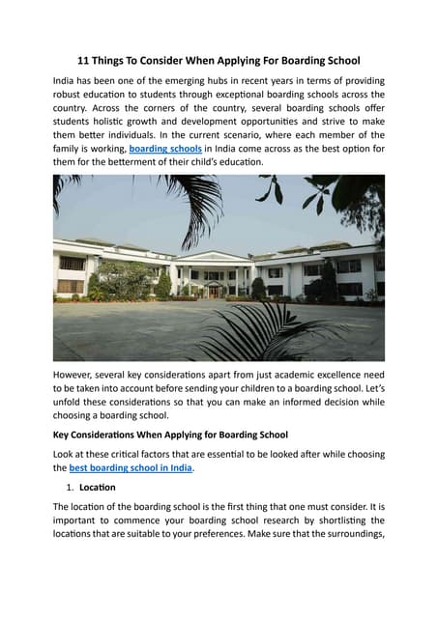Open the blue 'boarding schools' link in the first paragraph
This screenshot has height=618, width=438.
click(165, 150)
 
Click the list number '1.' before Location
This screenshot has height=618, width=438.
click(71, 487)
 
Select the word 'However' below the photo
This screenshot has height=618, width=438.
click(78, 374)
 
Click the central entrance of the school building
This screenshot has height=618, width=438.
click(214, 289)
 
